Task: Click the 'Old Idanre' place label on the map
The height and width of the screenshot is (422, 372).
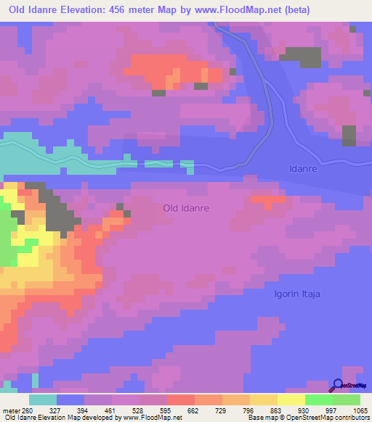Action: point(186,208)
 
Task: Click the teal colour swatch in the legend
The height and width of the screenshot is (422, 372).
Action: point(43,400)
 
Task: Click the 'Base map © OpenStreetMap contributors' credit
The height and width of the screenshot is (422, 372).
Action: point(309,418)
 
